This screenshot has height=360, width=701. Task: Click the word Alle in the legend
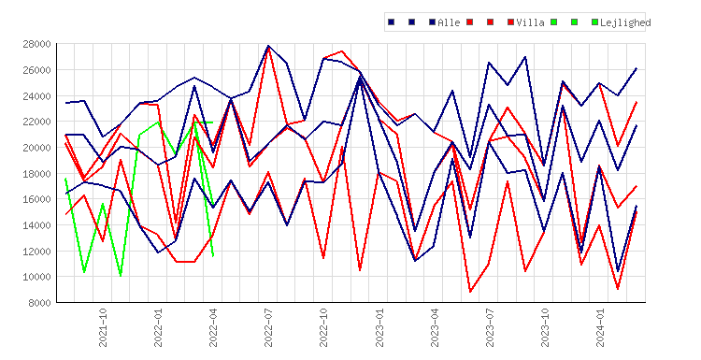coord(449,22)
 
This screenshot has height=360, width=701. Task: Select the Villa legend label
coord(530,22)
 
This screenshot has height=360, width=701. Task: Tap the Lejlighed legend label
coord(625,22)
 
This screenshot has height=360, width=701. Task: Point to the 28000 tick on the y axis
coord(36,44)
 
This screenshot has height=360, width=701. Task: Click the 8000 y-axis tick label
coord(39,303)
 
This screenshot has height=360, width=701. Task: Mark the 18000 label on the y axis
coord(36,174)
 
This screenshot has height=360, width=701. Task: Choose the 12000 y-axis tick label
coord(36,251)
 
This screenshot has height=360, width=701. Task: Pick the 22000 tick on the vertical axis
coord(36,122)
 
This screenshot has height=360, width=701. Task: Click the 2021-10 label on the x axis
coord(103,327)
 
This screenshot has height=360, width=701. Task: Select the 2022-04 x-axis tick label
coord(213,327)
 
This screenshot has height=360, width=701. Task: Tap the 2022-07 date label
coord(268,327)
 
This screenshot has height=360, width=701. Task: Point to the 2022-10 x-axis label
coord(323,327)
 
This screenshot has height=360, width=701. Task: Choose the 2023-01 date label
coord(379,327)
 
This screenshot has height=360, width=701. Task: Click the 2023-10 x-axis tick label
coord(545,327)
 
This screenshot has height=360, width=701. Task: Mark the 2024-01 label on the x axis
coord(600,327)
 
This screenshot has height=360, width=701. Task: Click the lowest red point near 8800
coord(470,292)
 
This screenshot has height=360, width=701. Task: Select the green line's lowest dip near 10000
coord(121,276)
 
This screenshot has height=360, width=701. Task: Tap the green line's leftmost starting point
coord(65,179)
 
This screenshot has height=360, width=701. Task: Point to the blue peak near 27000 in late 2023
coord(525,57)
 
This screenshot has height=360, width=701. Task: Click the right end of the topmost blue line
coord(637,68)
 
